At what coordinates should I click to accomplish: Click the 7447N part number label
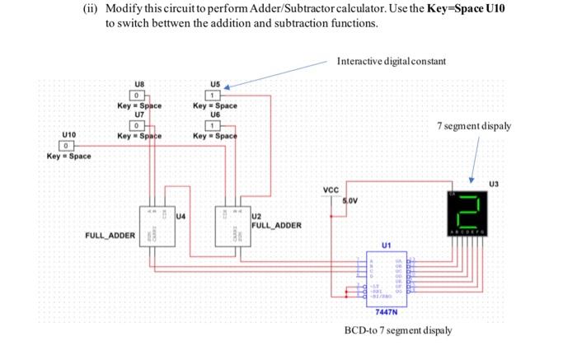click(x=385, y=312)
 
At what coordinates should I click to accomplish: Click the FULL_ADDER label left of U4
click(x=110, y=236)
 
